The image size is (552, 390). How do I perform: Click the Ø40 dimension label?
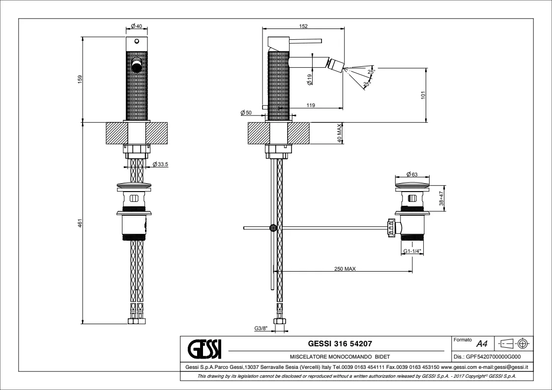tap(136, 26)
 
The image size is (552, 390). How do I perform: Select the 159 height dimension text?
tap(80, 80)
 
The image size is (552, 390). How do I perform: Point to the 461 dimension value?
tap(80, 223)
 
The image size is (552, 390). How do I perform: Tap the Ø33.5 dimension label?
tap(160, 164)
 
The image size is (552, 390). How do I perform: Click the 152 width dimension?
tap(303, 26)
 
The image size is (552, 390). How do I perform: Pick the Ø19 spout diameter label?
tap(310, 79)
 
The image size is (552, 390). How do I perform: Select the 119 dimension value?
tap(311, 105)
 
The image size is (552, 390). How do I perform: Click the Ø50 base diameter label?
tap(246, 113)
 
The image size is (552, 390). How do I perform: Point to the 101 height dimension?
tap(423, 95)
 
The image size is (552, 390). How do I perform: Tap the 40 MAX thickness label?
tap(340, 133)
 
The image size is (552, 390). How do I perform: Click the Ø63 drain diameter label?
tap(411, 174)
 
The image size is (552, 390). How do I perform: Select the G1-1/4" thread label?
tap(412, 251)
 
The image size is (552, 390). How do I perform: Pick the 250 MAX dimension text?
tap(345, 269)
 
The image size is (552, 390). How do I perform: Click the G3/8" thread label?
tap(261, 329)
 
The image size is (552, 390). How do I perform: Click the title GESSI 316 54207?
tap(340, 343)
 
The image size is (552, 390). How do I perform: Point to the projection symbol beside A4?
tap(514, 343)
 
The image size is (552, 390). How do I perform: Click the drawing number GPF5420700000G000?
tap(487, 357)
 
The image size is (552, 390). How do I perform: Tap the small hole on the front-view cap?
tap(136, 42)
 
